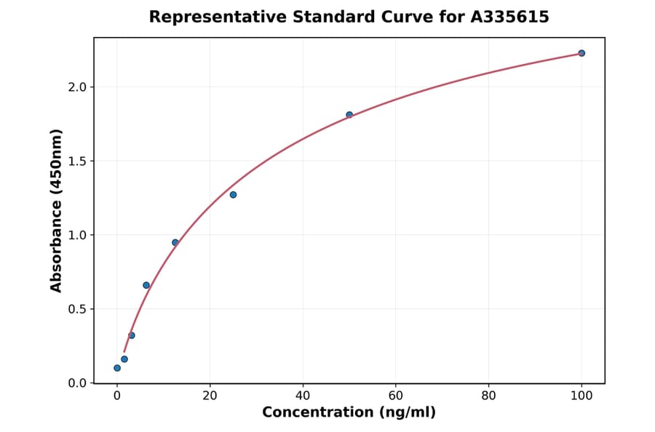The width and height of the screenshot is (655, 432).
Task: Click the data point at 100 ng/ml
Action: (581, 53)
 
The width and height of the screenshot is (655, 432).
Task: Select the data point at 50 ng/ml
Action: (349, 115)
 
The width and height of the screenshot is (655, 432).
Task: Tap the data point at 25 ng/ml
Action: (233, 195)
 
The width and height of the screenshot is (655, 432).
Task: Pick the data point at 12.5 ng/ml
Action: (175, 242)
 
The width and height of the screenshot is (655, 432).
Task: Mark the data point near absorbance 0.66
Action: (146, 285)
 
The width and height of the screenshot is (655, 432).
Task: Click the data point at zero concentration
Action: (117, 368)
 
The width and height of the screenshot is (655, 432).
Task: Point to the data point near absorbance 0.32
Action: (132, 335)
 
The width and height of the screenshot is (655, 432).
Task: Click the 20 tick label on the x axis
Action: (210, 396)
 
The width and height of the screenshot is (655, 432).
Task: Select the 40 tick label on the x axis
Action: (303, 396)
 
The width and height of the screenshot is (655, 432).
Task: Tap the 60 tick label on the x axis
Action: (396, 396)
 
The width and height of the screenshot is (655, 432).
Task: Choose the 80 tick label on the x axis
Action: (488, 396)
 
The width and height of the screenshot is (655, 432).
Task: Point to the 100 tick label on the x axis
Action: (581, 396)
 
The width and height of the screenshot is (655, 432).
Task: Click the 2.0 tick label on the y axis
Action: (76, 87)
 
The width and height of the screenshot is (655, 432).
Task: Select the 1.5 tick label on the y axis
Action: (76, 161)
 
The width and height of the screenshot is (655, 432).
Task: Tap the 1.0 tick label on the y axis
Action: (76, 235)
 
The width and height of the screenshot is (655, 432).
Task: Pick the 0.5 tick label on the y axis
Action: (76, 309)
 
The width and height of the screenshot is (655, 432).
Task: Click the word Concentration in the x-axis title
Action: (317, 412)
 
